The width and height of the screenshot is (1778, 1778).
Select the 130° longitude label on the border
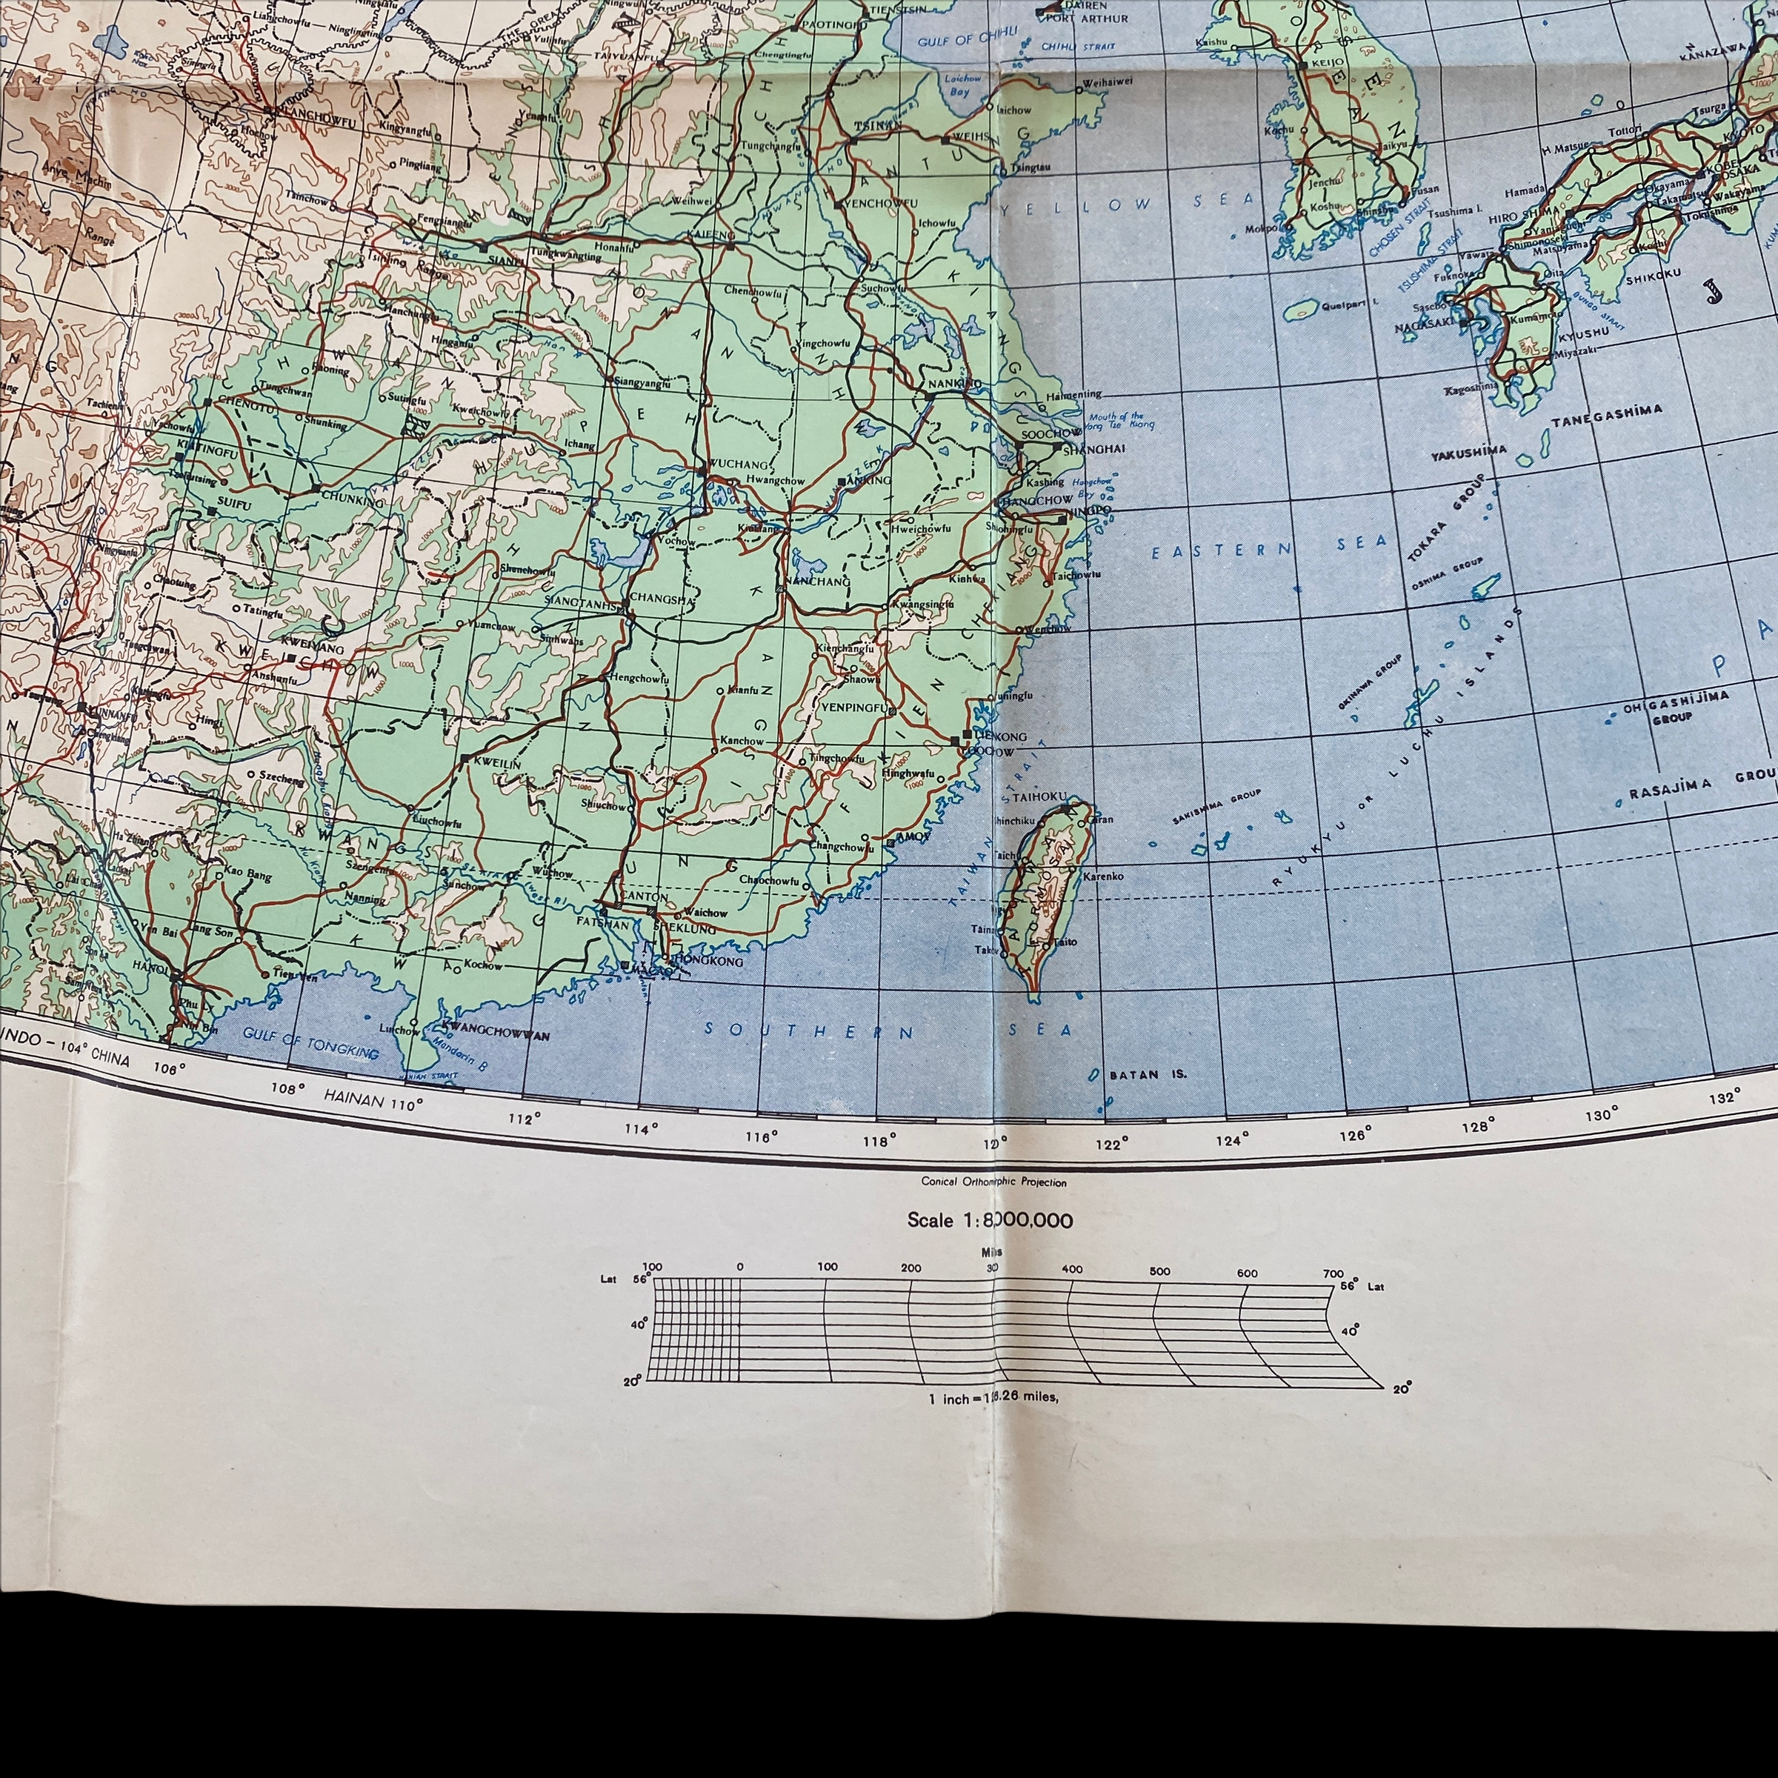coord(1600,1114)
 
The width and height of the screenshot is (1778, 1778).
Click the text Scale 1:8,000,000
coord(989,1220)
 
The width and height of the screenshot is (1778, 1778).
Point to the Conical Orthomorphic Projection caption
coord(994,1182)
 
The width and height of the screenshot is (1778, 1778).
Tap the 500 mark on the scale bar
coord(1159,1271)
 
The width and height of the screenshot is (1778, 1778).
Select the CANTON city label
coord(645,896)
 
